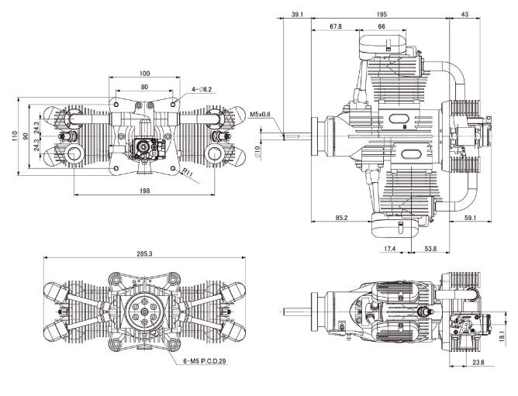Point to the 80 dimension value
click(x=144, y=87)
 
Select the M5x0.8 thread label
click(x=260, y=115)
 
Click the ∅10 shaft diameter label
click(x=258, y=150)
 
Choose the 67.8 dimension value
click(x=335, y=26)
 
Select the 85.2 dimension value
click(x=341, y=218)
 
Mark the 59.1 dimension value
click(x=470, y=218)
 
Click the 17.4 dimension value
click(x=389, y=250)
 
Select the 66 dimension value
click(x=382, y=26)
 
